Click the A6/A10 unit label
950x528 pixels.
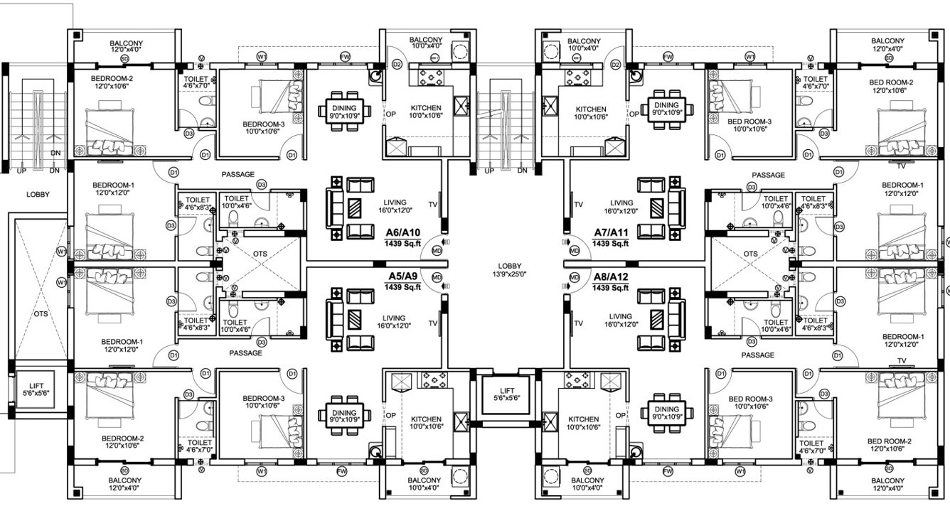point(402,232)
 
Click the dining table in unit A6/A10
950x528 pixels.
point(346,108)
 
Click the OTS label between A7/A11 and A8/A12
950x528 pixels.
point(749,254)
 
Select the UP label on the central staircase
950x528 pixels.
point(489,171)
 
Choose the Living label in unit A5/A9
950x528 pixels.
point(393,318)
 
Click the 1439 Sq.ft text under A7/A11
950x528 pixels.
point(611,243)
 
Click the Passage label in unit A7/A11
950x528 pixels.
point(768,175)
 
